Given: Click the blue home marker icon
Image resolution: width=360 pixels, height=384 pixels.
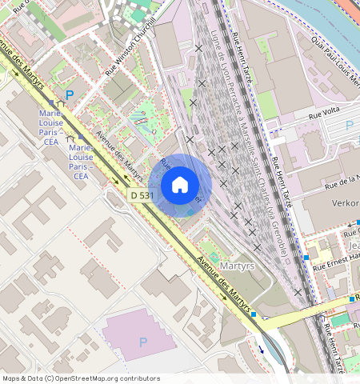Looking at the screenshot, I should pos(180,186).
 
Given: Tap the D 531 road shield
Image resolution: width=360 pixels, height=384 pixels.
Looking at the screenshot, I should pos(141,195).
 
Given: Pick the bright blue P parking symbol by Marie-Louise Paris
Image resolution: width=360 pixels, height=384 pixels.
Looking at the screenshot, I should pos(70,95).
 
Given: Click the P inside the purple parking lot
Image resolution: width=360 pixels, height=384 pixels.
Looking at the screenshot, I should pos(143,342).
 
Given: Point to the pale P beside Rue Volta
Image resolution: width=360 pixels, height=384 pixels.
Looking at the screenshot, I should pos(349,125).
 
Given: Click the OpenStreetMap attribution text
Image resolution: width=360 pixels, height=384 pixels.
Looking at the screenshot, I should pos(80,378).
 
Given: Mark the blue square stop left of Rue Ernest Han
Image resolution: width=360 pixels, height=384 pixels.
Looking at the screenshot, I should pos(306,258).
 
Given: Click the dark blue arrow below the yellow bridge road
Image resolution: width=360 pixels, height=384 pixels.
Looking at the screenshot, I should pos(260,348).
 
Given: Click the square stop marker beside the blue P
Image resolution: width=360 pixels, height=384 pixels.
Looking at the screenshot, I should pos(52,103).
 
